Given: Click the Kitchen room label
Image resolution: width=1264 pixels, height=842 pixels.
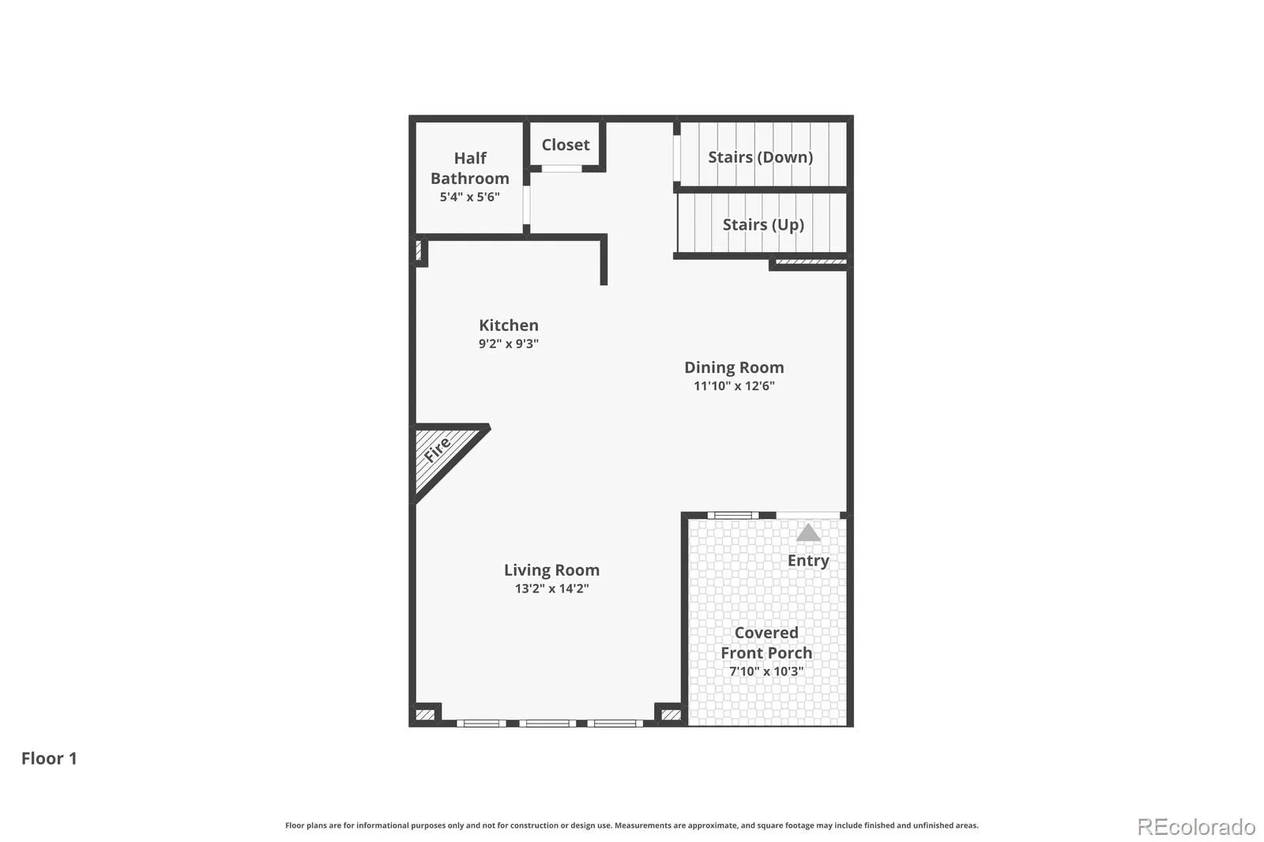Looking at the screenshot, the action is tap(509, 325).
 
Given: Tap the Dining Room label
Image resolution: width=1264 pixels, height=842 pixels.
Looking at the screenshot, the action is tap(734, 367).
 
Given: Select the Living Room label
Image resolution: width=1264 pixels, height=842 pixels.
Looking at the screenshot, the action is tap(552, 570).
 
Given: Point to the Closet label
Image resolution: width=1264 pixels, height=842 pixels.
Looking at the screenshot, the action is tap(566, 145).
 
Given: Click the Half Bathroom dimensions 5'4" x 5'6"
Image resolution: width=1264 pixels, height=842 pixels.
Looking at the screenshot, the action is tap(469, 197).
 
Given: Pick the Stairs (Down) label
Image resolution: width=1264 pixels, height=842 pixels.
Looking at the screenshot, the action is tap(761, 157).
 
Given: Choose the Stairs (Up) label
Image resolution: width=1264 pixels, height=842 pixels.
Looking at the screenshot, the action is tap(763, 224).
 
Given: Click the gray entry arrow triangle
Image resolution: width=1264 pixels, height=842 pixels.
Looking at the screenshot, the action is tap(808, 532).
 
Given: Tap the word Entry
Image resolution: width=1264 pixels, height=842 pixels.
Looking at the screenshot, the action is tap(808, 560).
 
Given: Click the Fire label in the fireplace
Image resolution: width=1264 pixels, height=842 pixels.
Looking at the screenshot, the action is tap(438, 449).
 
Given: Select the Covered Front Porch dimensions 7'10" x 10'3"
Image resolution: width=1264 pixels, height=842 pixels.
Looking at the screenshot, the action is tap(766, 671).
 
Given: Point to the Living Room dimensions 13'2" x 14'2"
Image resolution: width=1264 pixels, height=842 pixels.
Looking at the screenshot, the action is tap(552, 588).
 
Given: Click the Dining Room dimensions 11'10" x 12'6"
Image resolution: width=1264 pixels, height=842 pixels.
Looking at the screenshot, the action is tap(734, 386).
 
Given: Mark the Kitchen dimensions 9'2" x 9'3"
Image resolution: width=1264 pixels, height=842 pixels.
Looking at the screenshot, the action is tap(509, 344).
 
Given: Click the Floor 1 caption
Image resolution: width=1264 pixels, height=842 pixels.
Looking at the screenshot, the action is tap(49, 758).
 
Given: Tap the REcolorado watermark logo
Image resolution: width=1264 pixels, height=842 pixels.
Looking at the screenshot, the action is tap(1196, 827).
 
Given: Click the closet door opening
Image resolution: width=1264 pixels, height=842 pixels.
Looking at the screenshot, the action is tap(562, 168).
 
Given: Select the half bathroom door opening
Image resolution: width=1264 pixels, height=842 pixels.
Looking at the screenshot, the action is tap(526, 205).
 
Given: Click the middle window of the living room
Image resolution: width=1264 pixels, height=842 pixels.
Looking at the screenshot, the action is tap(547, 723).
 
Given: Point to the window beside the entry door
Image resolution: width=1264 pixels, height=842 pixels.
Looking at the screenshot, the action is tap(733, 515).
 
